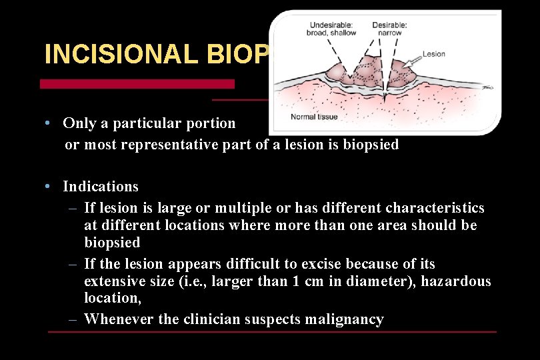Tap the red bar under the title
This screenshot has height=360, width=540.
137,84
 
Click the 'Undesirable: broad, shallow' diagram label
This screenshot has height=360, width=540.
331,28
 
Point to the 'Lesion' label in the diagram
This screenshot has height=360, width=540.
434,53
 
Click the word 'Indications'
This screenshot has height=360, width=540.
101,186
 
